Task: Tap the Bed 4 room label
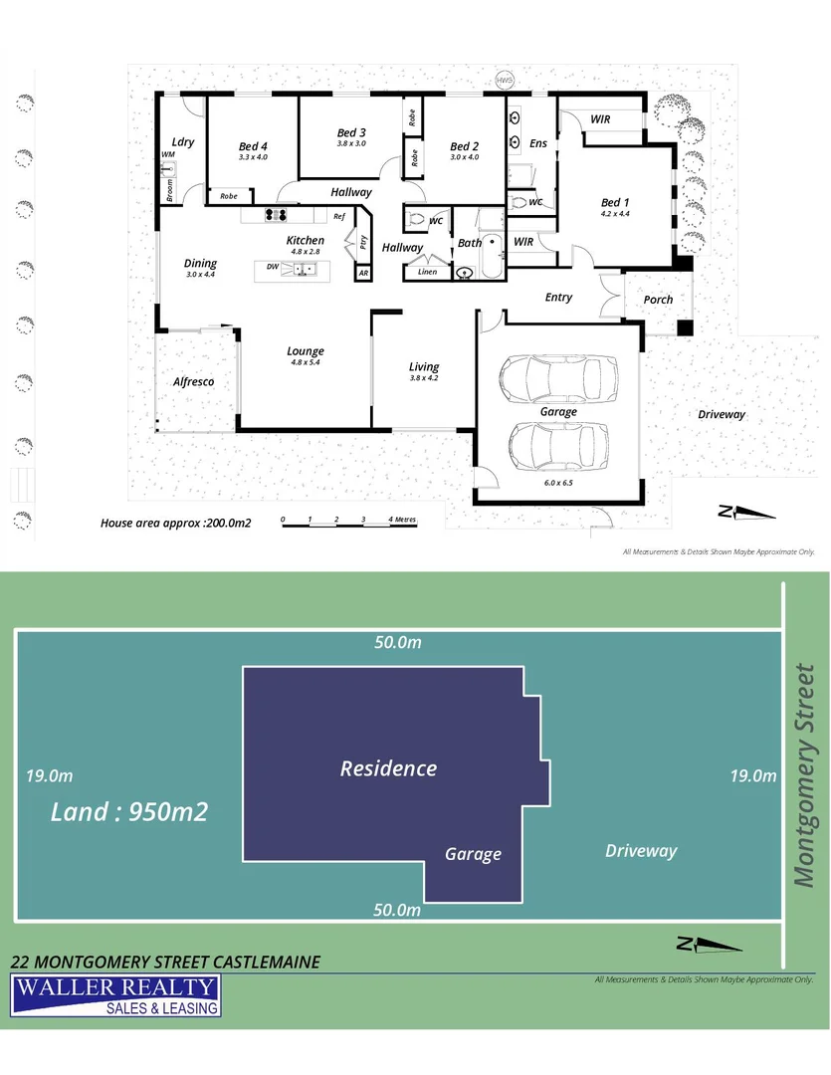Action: (x=253, y=146)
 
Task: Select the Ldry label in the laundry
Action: (x=182, y=141)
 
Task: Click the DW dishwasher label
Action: (x=272, y=267)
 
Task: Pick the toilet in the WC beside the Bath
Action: (x=415, y=219)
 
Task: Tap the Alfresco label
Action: (x=194, y=381)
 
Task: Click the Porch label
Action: (x=658, y=299)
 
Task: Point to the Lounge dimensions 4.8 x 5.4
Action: (x=306, y=362)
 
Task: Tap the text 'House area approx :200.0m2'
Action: (x=175, y=522)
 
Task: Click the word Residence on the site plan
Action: (x=388, y=768)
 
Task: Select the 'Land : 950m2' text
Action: (x=129, y=812)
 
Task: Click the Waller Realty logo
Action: (x=115, y=995)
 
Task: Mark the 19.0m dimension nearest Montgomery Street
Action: (x=752, y=775)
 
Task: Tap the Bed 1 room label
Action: (x=615, y=203)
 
